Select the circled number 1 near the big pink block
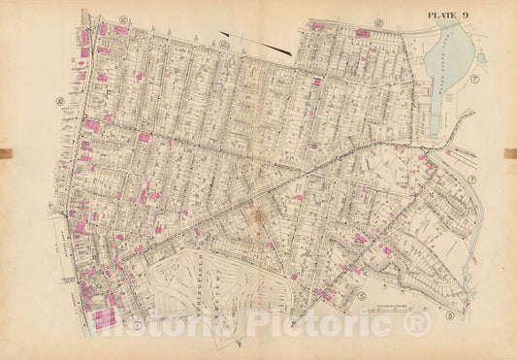pyautogui.click(x=139, y=324)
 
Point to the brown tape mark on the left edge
pyautogui.click(x=6, y=152)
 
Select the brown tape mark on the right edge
pyautogui.click(x=510, y=152)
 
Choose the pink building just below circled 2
pyautogui.click(x=362, y=33)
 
